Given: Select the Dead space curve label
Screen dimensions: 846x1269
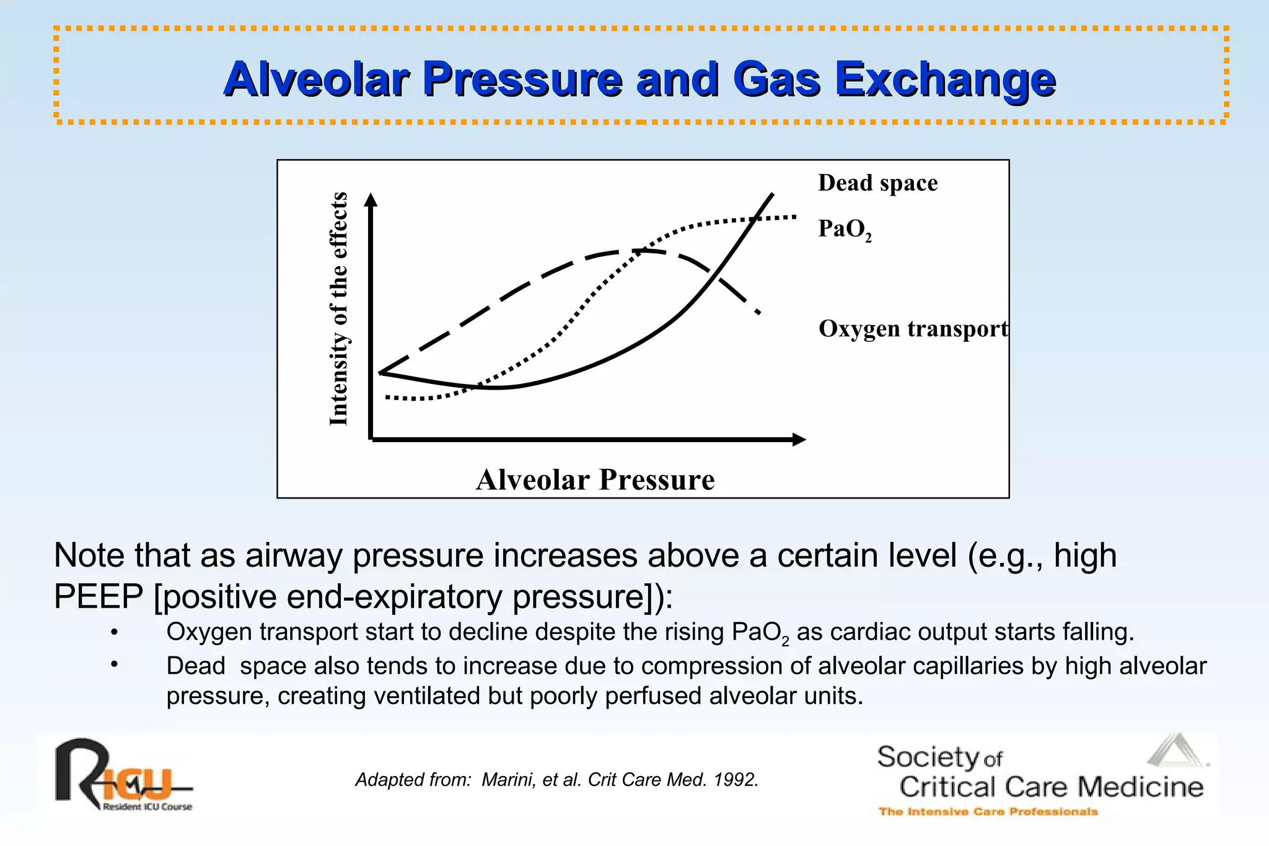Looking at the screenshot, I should [x=877, y=183].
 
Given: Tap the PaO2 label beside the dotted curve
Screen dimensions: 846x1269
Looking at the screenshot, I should [x=844, y=229].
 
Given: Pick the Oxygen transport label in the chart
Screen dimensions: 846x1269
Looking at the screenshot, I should [x=913, y=328].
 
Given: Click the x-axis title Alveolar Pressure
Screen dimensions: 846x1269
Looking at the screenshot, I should [x=595, y=480].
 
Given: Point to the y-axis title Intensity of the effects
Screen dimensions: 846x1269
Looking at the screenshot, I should [x=338, y=309].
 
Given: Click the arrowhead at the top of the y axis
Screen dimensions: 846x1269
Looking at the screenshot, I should [x=371, y=198].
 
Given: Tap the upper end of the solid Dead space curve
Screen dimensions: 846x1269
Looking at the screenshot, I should [x=772, y=194].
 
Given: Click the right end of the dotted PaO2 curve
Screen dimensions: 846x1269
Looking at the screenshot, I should [x=795, y=217].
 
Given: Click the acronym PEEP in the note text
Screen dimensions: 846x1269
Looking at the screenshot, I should [x=99, y=597].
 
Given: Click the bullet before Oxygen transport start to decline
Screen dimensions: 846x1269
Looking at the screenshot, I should [x=114, y=632].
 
